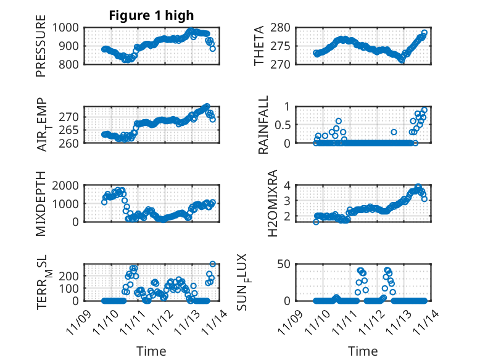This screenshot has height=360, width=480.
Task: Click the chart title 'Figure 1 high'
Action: [151, 15]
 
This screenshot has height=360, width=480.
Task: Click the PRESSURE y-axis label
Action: [41, 50]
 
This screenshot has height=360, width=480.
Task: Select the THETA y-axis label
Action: [259, 45]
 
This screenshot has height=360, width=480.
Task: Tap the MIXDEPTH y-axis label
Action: [41, 203]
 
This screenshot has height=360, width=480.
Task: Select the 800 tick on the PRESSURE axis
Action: [68, 64]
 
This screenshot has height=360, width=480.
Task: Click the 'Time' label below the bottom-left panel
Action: [151, 351]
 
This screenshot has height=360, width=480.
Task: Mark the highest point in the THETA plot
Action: [424, 33]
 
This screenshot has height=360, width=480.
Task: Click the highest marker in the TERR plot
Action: [213, 264]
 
